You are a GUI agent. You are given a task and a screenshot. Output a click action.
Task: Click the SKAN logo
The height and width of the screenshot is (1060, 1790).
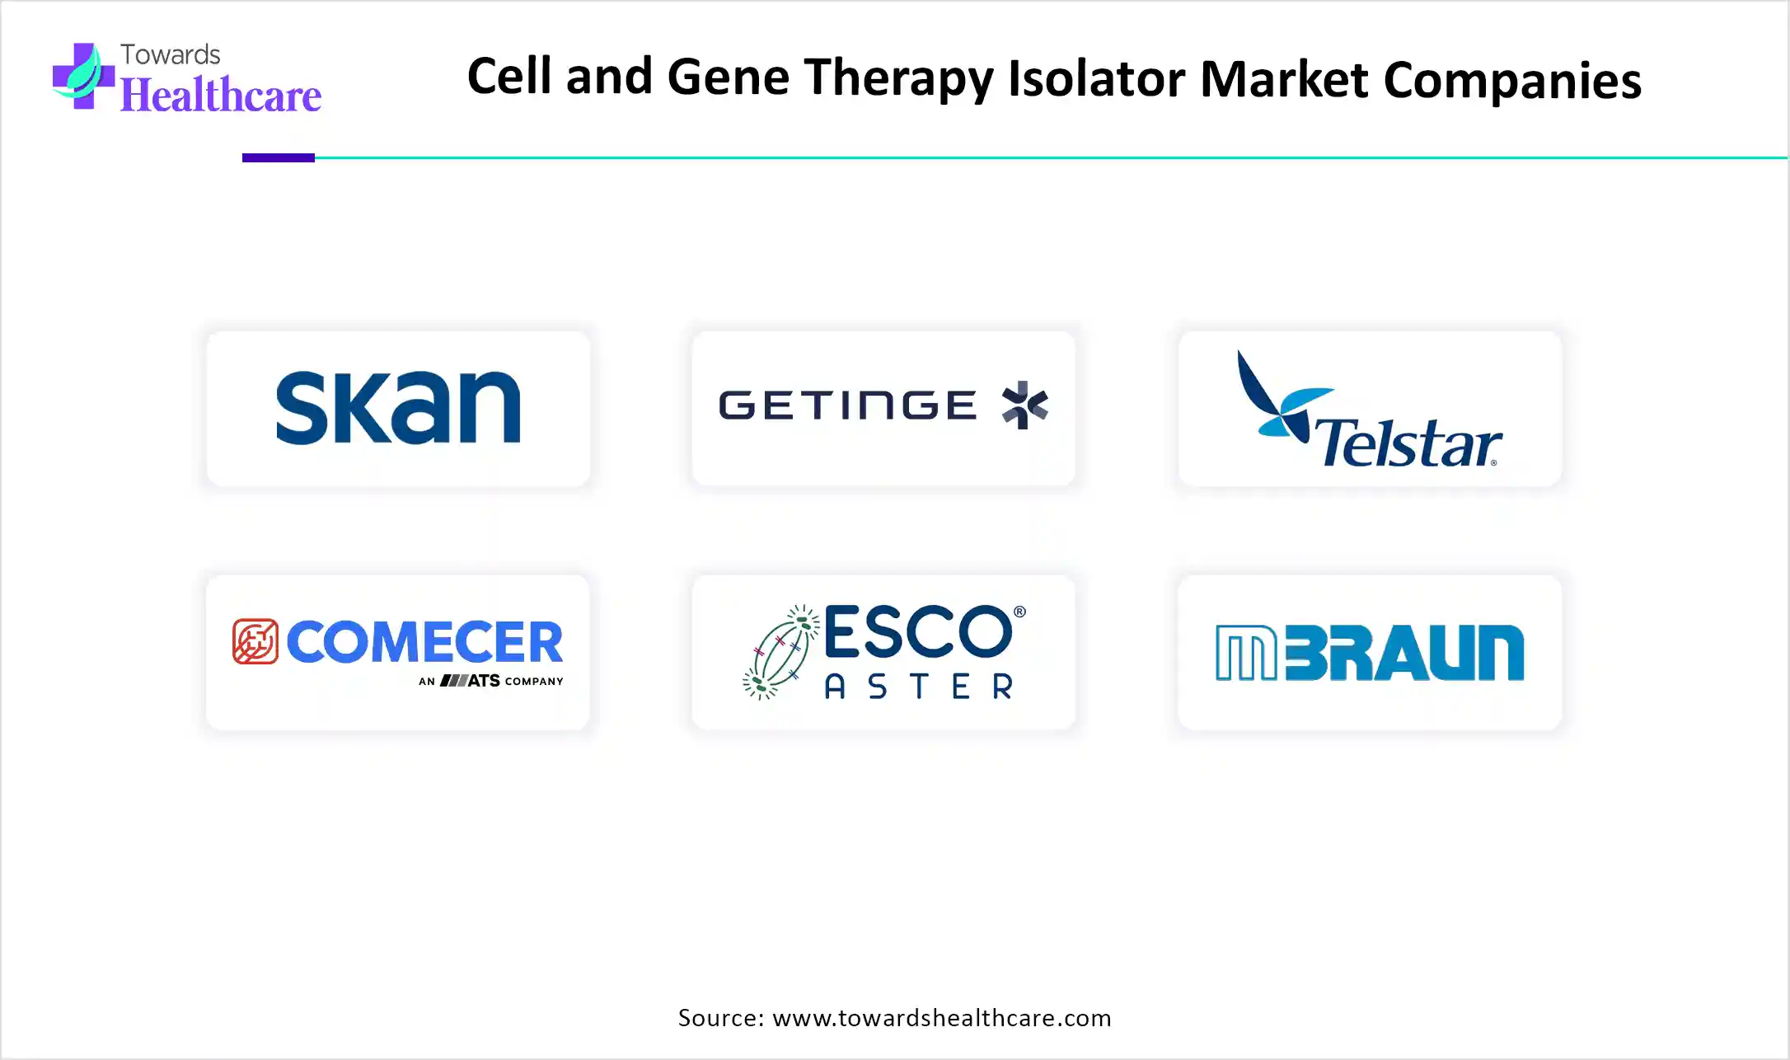398,407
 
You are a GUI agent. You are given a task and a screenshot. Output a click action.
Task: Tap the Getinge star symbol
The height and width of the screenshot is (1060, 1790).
1024,405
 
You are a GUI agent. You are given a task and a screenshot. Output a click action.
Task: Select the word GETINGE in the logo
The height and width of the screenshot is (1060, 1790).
848,406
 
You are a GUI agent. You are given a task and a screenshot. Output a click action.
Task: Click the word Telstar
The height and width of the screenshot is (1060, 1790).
1408,443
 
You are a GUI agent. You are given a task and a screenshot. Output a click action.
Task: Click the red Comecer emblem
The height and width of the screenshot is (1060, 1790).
255,641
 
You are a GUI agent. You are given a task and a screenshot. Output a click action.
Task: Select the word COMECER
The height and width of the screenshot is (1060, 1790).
424,642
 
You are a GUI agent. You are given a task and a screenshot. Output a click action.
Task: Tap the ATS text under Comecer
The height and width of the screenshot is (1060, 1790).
484,681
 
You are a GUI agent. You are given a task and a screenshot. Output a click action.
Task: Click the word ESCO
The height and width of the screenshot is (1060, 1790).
918,631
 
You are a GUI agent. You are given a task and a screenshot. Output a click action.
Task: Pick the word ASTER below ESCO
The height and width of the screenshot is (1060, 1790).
919,687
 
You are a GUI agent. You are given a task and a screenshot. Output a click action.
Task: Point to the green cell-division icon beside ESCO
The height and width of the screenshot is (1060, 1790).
780,652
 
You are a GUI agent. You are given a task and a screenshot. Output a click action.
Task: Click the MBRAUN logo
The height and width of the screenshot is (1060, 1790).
1370,653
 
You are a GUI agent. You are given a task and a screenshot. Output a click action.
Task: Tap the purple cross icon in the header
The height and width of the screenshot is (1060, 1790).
83,76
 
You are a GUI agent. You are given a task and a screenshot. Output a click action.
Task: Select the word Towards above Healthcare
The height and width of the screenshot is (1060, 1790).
171,54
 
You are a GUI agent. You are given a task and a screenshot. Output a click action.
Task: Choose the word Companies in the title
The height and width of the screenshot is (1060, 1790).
1512,82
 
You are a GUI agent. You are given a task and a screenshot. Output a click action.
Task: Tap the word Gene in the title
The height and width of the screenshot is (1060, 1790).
728,77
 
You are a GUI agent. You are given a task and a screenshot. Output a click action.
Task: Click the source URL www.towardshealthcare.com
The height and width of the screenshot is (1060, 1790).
942,1018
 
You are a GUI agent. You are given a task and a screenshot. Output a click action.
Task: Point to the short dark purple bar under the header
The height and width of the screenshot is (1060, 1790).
279,157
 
